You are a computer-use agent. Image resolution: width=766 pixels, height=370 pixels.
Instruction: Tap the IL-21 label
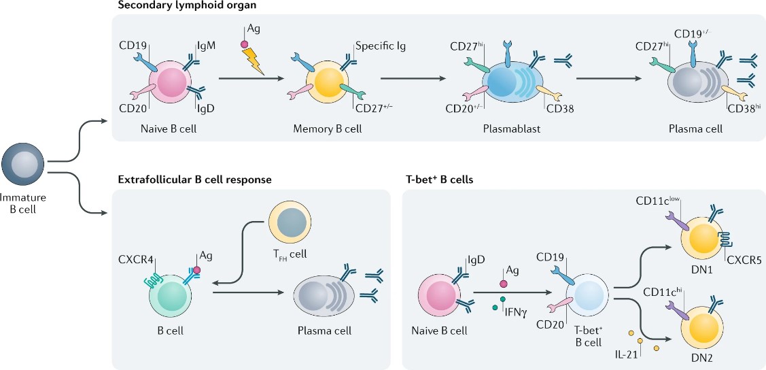(x=626, y=354)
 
